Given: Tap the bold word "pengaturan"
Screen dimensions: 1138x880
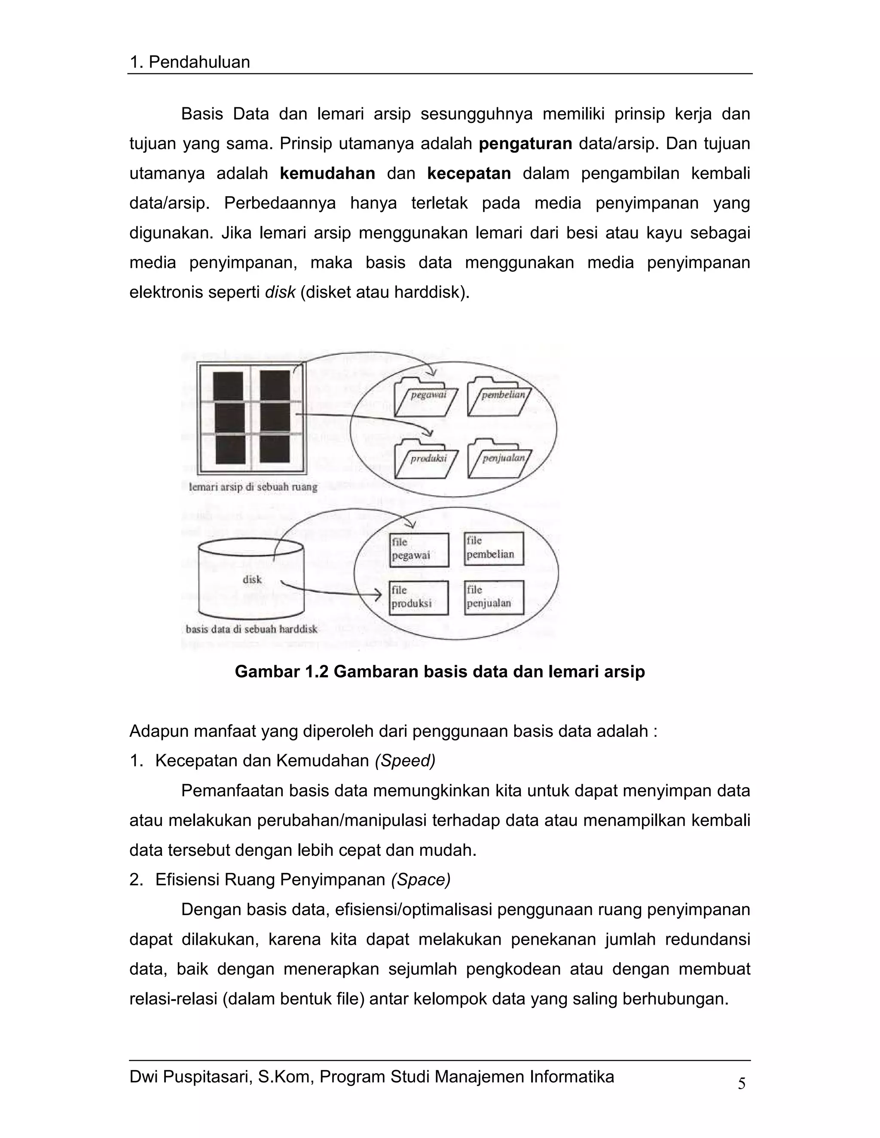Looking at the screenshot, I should click(526, 144).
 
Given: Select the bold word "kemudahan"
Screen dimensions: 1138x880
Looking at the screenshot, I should click(327, 173).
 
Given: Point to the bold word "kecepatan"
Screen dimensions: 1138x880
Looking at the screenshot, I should click(469, 173).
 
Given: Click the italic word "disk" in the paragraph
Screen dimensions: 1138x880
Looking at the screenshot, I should click(280, 292).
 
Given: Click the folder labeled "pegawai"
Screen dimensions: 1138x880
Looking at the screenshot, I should click(426, 398).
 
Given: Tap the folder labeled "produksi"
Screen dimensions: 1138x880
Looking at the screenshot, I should click(426, 461).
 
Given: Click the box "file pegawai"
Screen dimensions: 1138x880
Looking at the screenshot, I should click(419, 550).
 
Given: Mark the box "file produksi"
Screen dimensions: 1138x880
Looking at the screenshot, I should click(419, 598).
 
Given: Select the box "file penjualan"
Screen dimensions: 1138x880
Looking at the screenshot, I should click(494, 597).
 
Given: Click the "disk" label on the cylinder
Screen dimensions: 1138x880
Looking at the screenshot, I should click(252, 579).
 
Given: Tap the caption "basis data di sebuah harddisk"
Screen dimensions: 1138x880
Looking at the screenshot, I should click(251, 629).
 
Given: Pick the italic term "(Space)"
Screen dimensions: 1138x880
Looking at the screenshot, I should click(421, 880).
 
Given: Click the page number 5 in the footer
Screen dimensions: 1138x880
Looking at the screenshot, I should click(741, 1084).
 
